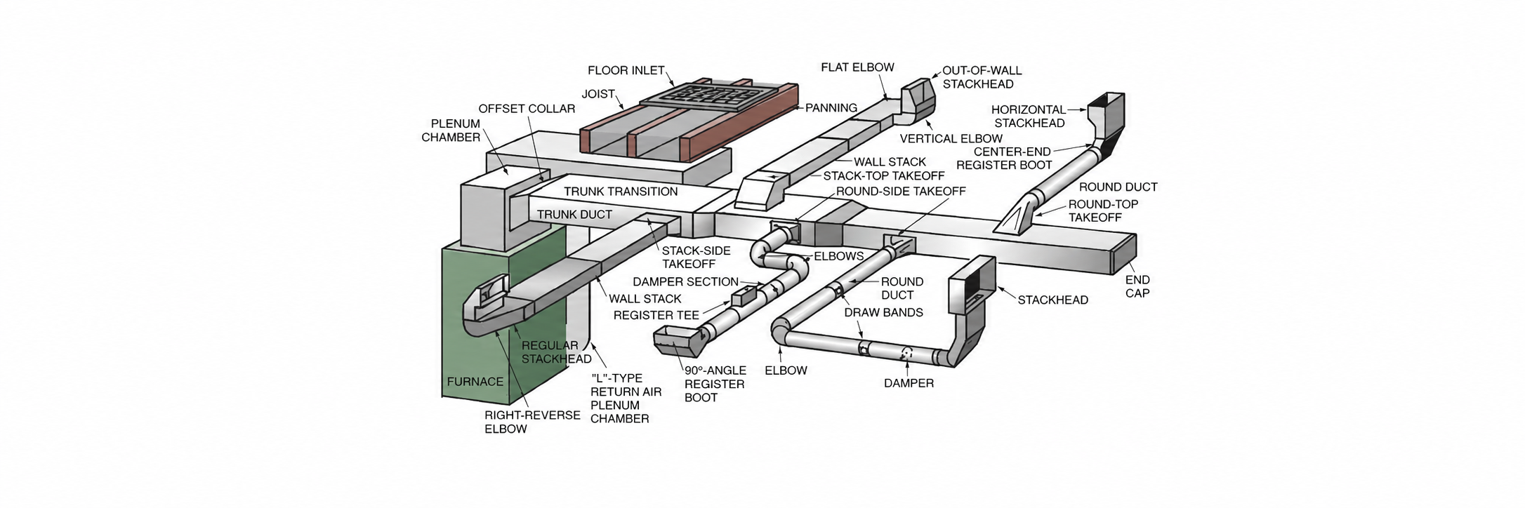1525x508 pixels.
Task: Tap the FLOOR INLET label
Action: point(626,70)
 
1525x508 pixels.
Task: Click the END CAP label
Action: point(1137,286)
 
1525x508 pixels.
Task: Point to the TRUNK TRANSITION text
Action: point(621,192)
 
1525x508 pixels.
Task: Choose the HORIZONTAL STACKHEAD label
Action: point(1028,116)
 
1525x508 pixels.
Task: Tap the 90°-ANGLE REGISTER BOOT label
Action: point(714,384)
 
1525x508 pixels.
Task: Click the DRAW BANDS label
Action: point(883,312)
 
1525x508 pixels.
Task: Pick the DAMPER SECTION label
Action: point(685,282)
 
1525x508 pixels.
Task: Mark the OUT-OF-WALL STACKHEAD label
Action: point(982,77)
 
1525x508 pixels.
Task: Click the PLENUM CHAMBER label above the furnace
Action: point(451,131)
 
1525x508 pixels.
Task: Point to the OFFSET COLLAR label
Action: point(527,109)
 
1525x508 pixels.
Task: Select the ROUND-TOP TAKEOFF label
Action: point(1103,210)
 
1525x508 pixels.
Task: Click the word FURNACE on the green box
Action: point(475,382)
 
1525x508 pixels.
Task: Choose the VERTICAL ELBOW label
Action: point(951,139)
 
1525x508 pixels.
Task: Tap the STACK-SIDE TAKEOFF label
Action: point(696,258)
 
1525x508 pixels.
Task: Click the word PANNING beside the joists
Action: point(831,108)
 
